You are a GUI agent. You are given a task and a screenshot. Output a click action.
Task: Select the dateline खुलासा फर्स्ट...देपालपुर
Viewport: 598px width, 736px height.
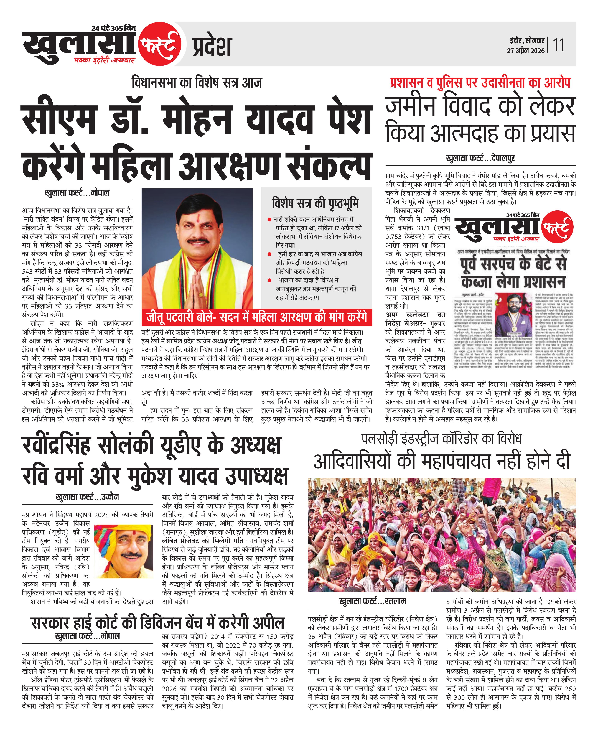(x=480, y=158)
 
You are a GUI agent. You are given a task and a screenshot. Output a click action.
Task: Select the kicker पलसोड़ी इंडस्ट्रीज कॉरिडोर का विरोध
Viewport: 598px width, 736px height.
(x=442, y=439)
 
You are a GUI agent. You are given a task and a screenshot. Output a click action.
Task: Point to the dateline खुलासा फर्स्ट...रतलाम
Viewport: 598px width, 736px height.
(x=373, y=601)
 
